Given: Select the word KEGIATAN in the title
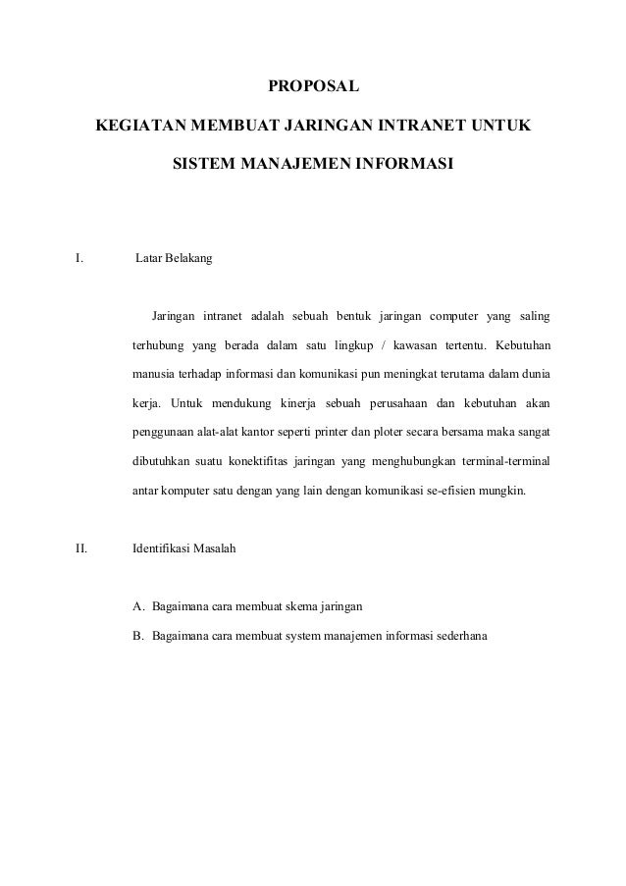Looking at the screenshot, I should tap(137, 127).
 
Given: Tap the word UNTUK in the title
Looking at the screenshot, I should tap(501, 127).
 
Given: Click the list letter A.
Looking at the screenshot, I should tap(138, 604).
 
